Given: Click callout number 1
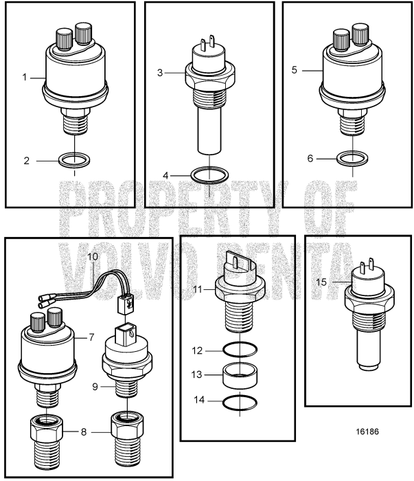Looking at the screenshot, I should [23, 78].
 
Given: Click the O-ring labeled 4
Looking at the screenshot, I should [209, 176].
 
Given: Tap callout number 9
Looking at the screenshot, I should [96, 386].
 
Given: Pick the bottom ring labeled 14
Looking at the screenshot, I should [238, 403].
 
